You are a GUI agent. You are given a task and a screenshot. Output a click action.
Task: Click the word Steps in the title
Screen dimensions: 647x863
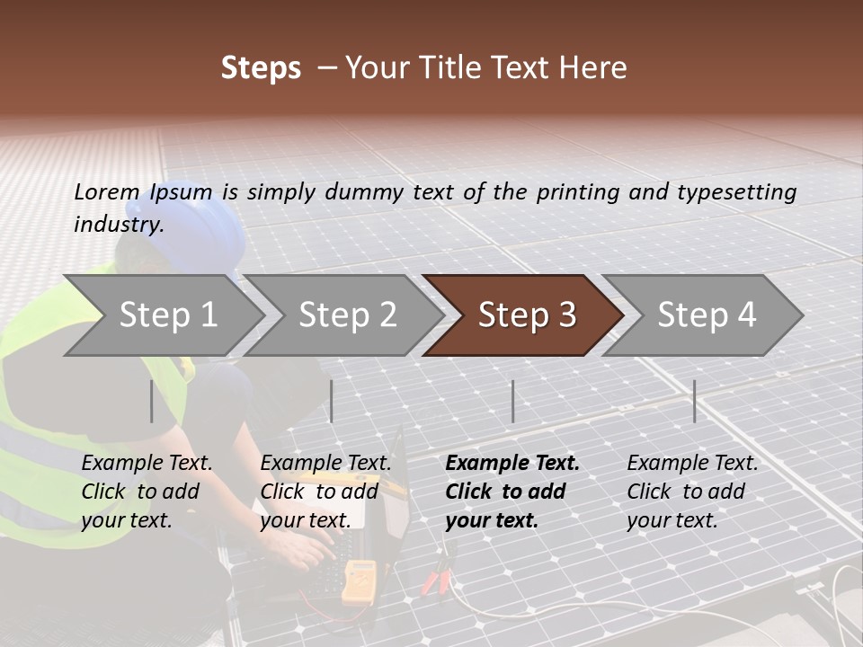click(261, 68)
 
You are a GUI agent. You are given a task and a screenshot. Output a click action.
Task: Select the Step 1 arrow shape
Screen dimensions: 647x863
click(162, 315)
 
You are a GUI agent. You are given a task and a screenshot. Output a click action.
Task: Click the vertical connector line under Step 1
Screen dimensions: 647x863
click(151, 401)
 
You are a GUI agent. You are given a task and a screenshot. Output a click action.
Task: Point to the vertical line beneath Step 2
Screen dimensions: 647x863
click(332, 401)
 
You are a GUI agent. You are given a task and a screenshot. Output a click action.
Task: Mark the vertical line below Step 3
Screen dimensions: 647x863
click(512, 401)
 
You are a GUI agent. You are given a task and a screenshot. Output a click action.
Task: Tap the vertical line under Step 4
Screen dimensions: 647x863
click(694, 401)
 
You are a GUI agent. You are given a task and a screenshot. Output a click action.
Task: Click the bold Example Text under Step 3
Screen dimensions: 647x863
click(512, 492)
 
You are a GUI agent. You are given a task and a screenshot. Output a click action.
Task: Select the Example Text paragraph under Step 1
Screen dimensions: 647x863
click(147, 492)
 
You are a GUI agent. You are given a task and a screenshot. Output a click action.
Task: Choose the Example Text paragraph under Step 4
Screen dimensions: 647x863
click(692, 492)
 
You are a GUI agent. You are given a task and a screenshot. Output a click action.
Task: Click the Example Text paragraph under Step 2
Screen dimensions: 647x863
click(325, 492)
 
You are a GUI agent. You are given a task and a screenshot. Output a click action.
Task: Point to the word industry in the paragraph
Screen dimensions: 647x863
click(118, 225)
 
